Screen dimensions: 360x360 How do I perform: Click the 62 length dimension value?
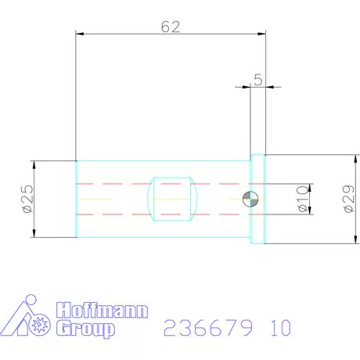point(171,27)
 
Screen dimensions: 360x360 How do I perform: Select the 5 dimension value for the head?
point(258,80)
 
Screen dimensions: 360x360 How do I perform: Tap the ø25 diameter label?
point(27,200)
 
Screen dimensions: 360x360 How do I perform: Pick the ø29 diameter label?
point(349,200)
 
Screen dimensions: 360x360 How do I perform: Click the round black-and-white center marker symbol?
point(249,199)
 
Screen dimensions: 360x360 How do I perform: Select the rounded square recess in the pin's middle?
point(171,199)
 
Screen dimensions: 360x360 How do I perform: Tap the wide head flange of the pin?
point(257,199)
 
